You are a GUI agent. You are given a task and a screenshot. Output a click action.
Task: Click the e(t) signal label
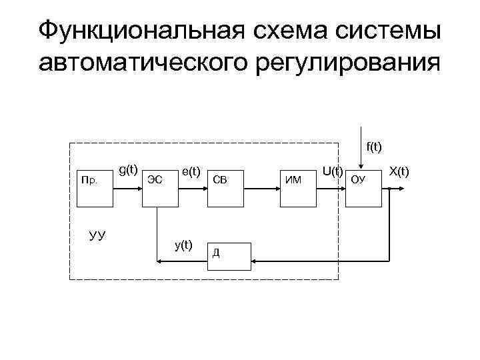tap(191, 172)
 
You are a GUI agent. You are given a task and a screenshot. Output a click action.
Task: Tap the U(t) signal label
tap(332, 171)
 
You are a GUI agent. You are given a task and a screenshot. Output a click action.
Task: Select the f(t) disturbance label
tap(373, 146)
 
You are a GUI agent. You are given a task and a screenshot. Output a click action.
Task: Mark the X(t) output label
tap(399, 172)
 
